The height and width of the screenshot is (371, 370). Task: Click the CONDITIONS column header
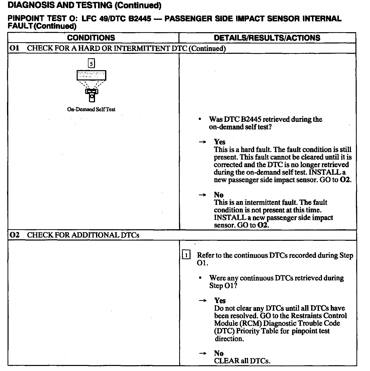91,38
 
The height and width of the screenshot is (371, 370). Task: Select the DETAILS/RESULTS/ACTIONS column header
267,38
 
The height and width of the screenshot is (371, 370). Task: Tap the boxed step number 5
91,63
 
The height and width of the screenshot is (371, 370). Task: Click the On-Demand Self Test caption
91,109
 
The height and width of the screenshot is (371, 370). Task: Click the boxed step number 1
186,255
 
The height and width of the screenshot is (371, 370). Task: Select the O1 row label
14,48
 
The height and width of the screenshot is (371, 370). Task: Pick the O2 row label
14,235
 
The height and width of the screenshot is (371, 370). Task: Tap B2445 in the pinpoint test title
140,19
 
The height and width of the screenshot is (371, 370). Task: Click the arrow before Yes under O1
202,142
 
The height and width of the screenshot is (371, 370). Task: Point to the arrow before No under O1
202,195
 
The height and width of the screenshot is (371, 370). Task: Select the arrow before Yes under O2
203,301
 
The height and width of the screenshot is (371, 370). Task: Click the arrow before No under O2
203,353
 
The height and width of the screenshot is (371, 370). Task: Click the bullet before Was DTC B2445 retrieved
200,119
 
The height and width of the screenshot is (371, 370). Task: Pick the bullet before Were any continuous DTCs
200,278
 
